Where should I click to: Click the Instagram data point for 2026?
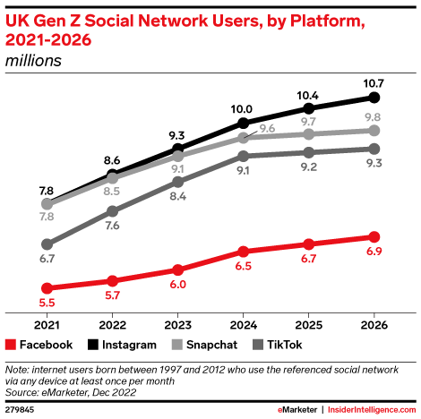pyautogui.click(x=374, y=97)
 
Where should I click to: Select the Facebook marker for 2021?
pyautogui.click(x=46, y=288)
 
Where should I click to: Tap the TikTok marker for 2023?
pyautogui.click(x=177, y=182)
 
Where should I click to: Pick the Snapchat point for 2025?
pyautogui.click(x=309, y=133)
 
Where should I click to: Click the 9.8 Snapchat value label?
pyautogui.click(x=374, y=115)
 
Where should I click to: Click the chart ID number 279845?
pyautogui.click(x=21, y=408)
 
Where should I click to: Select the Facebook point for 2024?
pyautogui.click(x=243, y=252)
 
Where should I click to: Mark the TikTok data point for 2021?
pyautogui.click(x=46, y=244)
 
